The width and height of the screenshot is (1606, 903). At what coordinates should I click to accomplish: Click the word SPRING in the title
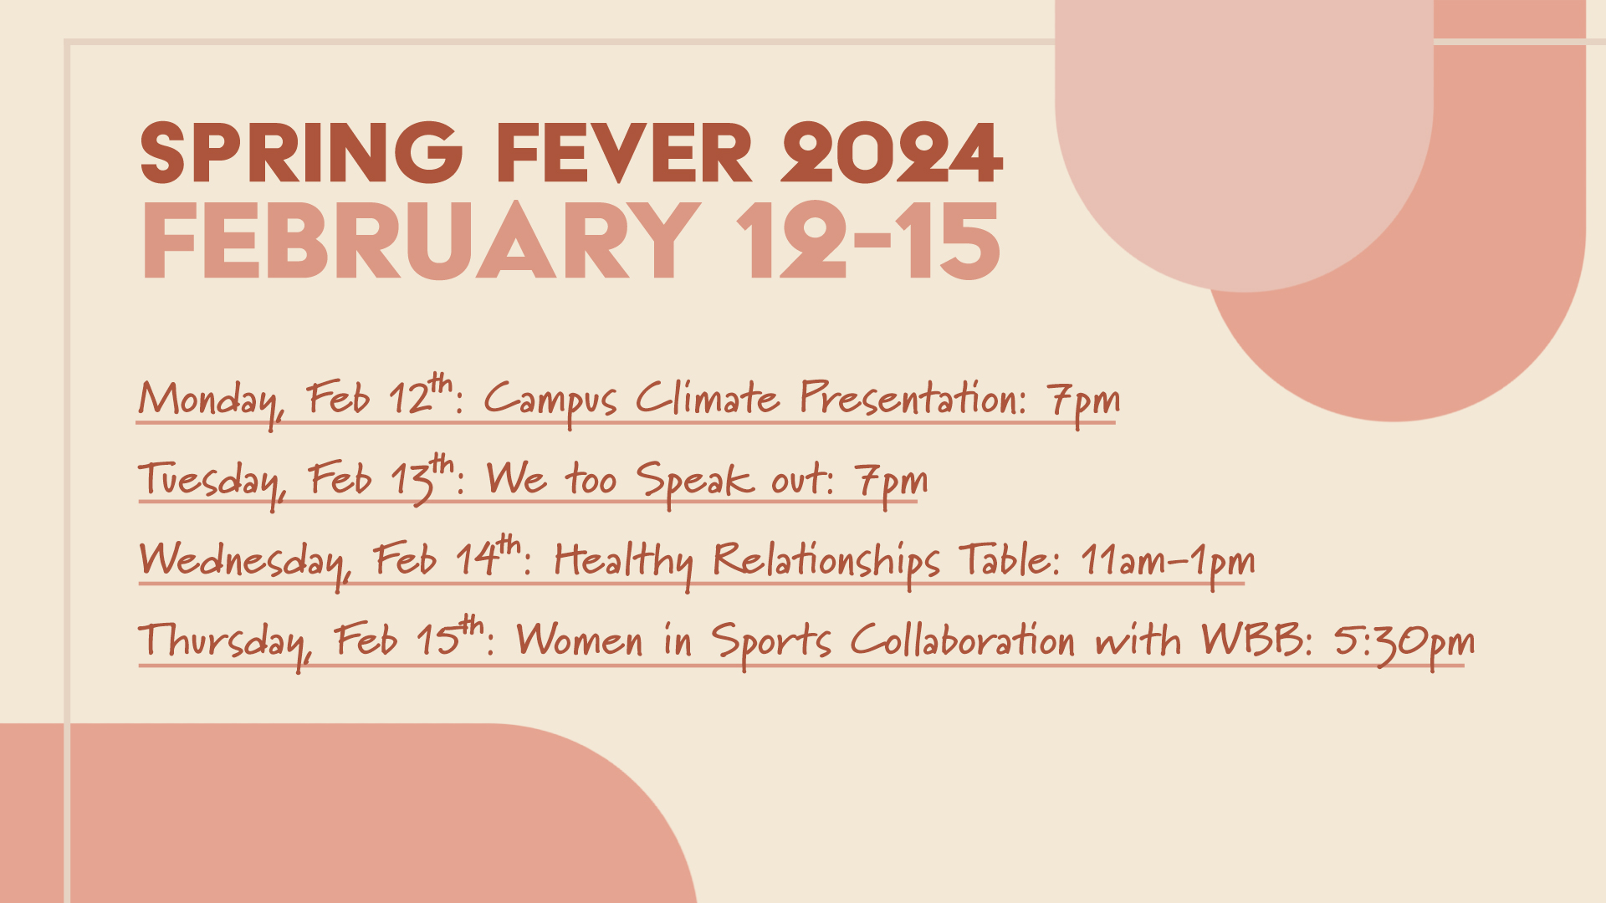click(x=302, y=153)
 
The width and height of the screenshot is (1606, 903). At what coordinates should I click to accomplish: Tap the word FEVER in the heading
click(x=624, y=153)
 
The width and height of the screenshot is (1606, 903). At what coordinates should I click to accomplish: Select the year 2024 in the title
click(x=892, y=153)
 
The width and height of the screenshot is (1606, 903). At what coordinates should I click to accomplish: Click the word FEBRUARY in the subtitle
click(x=421, y=241)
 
